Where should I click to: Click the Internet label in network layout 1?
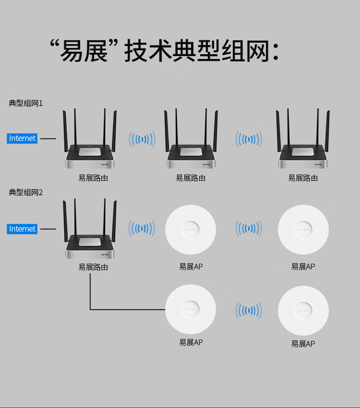(x=23, y=139)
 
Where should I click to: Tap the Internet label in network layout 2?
(x=23, y=229)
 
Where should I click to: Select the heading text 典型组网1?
(x=26, y=103)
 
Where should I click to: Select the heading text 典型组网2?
(x=26, y=192)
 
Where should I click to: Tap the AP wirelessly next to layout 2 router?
(x=191, y=230)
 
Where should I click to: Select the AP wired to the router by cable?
(x=191, y=309)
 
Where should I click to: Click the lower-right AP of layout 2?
(x=303, y=310)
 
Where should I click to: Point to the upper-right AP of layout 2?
(x=303, y=230)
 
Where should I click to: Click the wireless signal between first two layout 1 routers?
(x=142, y=140)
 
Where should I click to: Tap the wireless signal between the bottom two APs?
(x=248, y=310)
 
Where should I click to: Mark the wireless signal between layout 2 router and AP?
(x=142, y=229)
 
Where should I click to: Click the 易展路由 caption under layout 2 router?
(x=93, y=267)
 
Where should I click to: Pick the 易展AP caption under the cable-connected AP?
(x=191, y=343)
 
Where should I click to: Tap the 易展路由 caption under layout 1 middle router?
(x=191, y=178)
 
